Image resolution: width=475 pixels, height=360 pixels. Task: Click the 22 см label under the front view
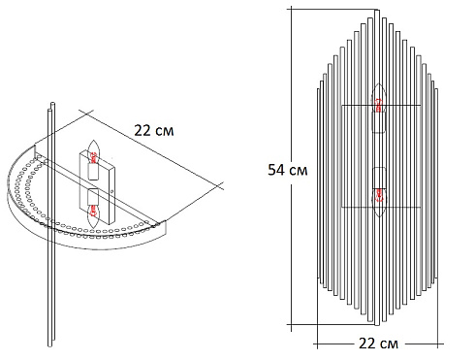click(378, 343)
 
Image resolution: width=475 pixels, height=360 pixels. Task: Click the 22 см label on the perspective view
click(156, 128)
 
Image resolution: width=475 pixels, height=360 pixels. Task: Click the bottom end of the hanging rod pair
click(48, 344)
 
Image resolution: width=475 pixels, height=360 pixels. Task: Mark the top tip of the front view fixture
click(378, 12)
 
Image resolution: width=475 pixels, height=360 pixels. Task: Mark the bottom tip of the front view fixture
click(378, 327)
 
